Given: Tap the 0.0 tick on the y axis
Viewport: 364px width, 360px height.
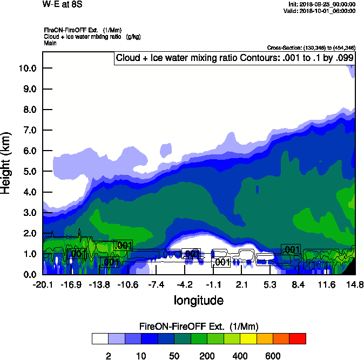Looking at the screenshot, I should pos(28,274).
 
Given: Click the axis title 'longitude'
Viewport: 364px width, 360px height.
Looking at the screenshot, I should pos(198,300).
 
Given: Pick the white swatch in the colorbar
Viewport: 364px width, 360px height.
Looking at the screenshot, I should pos(99,338).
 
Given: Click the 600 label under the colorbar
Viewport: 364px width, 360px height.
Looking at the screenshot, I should pos(273,356).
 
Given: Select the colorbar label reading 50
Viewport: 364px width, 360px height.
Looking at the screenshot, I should pos(174,356).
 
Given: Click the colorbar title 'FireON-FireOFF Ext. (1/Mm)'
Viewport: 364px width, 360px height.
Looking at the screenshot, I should pos(199,327).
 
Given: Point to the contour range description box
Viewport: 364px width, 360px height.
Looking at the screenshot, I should pos(235,58).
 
